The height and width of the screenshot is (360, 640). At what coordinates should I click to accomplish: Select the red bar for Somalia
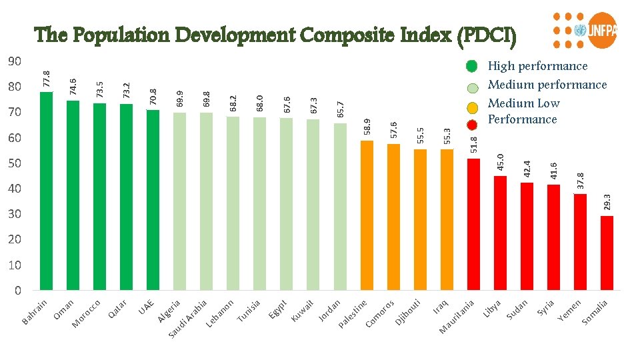click(x=607, y=253)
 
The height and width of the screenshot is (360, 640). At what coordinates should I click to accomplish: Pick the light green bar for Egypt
click(x=286, y=204)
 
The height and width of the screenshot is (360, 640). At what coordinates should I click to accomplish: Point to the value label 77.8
click(x=46, y=78)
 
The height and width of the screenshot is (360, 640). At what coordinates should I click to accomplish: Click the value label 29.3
click(x=607, y=201)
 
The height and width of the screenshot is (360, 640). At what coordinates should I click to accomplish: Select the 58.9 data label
click(x=367, y=126)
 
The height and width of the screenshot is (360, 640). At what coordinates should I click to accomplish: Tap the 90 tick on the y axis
click(x=14, y=61)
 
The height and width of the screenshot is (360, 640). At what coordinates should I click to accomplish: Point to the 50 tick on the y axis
click(x=14, y=163)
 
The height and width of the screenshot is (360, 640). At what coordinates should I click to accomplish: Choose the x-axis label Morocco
click(x=87, y=314)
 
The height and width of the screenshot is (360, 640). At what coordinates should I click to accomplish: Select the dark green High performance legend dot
click(x=472, y=66)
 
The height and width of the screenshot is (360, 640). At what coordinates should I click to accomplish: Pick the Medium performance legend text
click(x=547, y=85)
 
